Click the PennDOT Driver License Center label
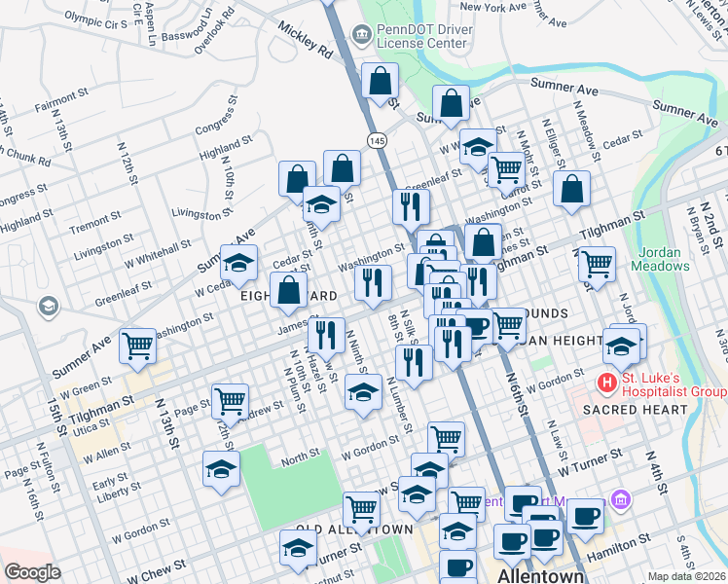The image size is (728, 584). coord(425,36)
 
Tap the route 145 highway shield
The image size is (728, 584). coord(376,141)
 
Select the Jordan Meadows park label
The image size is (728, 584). coord(662,257)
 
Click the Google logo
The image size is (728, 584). coord(32,572)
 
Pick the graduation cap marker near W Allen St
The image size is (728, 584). coord(222,469)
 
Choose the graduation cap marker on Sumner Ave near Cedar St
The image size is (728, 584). coord(239,262)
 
